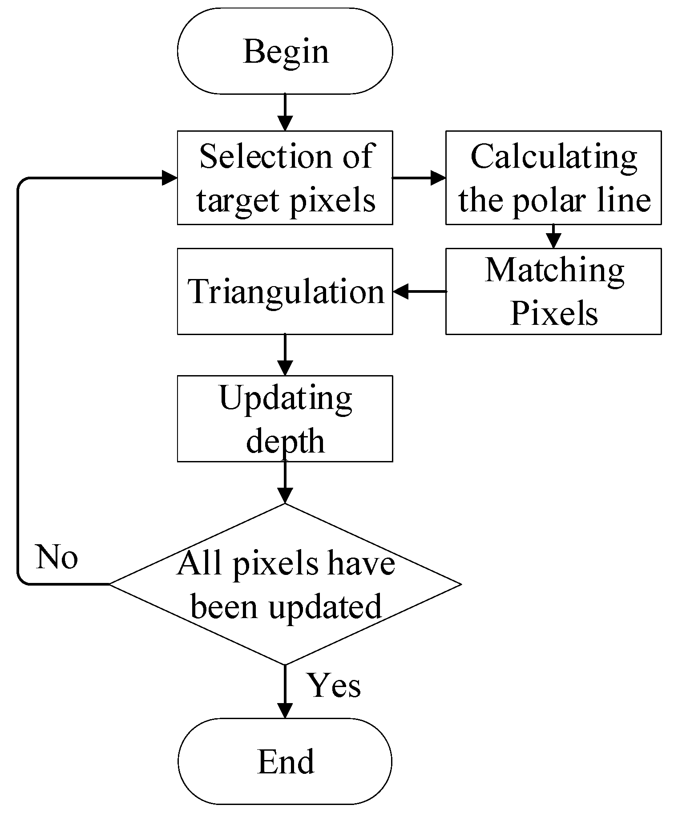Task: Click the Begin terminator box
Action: (285, 51)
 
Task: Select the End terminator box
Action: (285, 761)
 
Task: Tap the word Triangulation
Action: (286, 292)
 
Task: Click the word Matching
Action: (554, 271)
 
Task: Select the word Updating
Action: (286, 399)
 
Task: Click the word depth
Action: (285, 441)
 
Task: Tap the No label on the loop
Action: (57, 557)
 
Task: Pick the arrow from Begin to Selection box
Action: (285, 112)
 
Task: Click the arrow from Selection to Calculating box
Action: (419, 178)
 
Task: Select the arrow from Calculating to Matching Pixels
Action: (553, 236)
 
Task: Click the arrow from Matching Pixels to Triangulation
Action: (419, 292)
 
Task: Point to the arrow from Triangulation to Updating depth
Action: (285, 355)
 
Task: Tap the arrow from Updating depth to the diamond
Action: (285, 482)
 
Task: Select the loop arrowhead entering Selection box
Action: (170, 178)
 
